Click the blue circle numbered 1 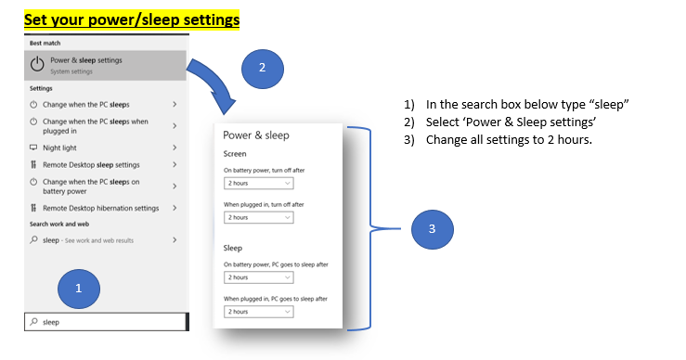click(79, 289)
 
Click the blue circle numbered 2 click(263, 69)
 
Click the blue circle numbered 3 click(433, 229)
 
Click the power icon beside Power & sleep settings click(37, 65)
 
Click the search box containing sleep click(107, 322)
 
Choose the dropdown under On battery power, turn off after click(259, 184)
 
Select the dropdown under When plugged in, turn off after click(259, 217)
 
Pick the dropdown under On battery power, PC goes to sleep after click(259, 277)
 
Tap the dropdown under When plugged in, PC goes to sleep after click(259, 312)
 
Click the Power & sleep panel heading click(256, 135)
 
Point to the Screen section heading click(235, 154)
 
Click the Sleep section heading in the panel click(233, 248)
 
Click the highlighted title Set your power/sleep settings click(132, 19)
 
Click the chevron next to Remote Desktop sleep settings click(175, 164)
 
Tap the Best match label click(45, 44)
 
